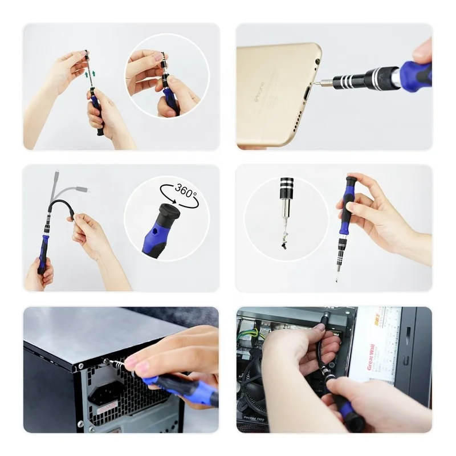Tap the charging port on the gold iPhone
pyautogui.click(x=309, y=92)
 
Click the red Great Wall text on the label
pyautogui.click(x=370, y=356)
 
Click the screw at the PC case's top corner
pyautogui.click(x=106, y=361)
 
